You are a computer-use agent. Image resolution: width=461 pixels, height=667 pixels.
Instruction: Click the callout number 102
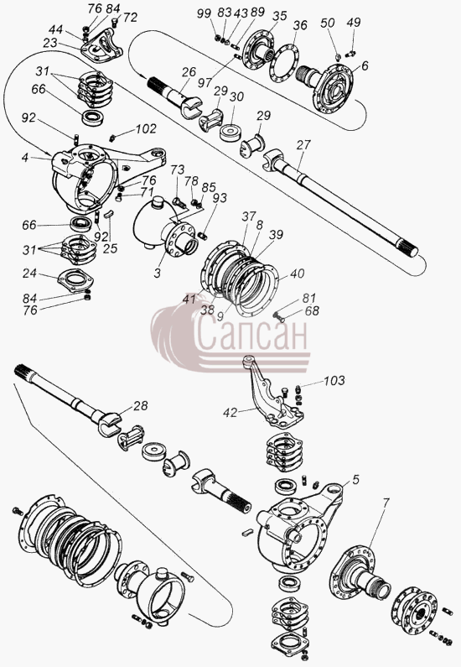click(x=146, y=129)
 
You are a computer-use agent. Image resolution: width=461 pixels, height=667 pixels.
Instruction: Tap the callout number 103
click(x=334, y=380)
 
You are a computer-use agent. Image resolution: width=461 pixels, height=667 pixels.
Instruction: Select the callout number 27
click(x=303, y=145)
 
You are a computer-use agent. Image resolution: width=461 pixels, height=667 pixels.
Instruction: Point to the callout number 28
click(x=140, y=406)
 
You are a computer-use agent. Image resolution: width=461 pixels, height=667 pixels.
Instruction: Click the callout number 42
click(x=230, y=412)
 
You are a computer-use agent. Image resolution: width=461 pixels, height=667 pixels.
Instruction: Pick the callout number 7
click(x=385, y=503)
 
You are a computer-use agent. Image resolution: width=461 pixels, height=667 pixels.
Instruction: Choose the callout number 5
click(x=355, y=479)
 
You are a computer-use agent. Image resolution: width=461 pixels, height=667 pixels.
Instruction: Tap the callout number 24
click(x=29, y=273)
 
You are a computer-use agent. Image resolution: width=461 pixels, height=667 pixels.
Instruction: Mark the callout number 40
click(x=298, y=274)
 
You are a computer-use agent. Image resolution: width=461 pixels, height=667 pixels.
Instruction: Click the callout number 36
click(x=300, y=25)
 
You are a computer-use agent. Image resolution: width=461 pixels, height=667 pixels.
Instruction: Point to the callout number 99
click(x=204, y=13)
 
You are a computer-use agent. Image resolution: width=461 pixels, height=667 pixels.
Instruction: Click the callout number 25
click(x=110, y=248)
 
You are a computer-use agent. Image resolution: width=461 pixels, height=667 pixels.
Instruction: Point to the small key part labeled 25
click(x=110, y=214)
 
